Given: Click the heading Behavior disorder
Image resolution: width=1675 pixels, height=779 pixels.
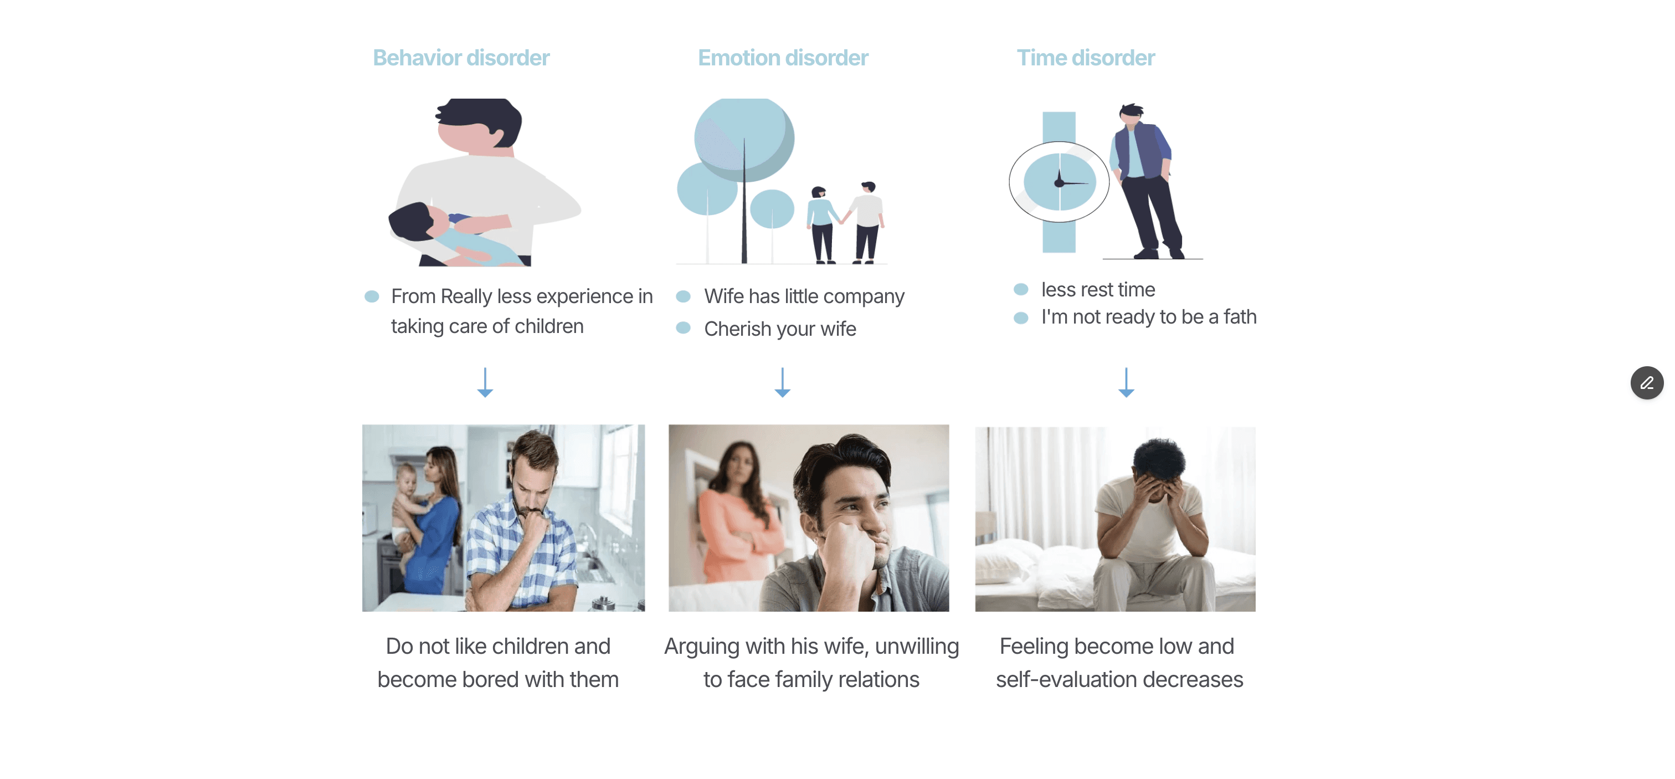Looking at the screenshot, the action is click(x=461, y=58).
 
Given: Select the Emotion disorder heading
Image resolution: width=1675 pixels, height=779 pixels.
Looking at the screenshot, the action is click(x=783, y=58).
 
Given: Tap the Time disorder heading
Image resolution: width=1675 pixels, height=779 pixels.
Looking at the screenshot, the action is click(x=1085, y=58).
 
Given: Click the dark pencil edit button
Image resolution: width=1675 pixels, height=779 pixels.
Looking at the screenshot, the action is click(x=1646, y=383).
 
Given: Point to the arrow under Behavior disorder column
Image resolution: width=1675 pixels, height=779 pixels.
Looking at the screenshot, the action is click(x=485, y=383).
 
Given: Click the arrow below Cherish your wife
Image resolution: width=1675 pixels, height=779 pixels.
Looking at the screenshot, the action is click(x=782, y=383).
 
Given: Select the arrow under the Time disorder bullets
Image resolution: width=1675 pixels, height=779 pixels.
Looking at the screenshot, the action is click(x=1126, y=383).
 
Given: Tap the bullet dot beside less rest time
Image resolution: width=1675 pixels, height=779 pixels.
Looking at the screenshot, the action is click(x=1021, y=289).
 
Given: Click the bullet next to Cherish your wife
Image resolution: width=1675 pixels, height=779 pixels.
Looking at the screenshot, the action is click(x=683, y=329).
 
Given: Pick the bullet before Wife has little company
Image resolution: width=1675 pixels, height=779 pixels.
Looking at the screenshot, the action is click(x=683, y=296).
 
